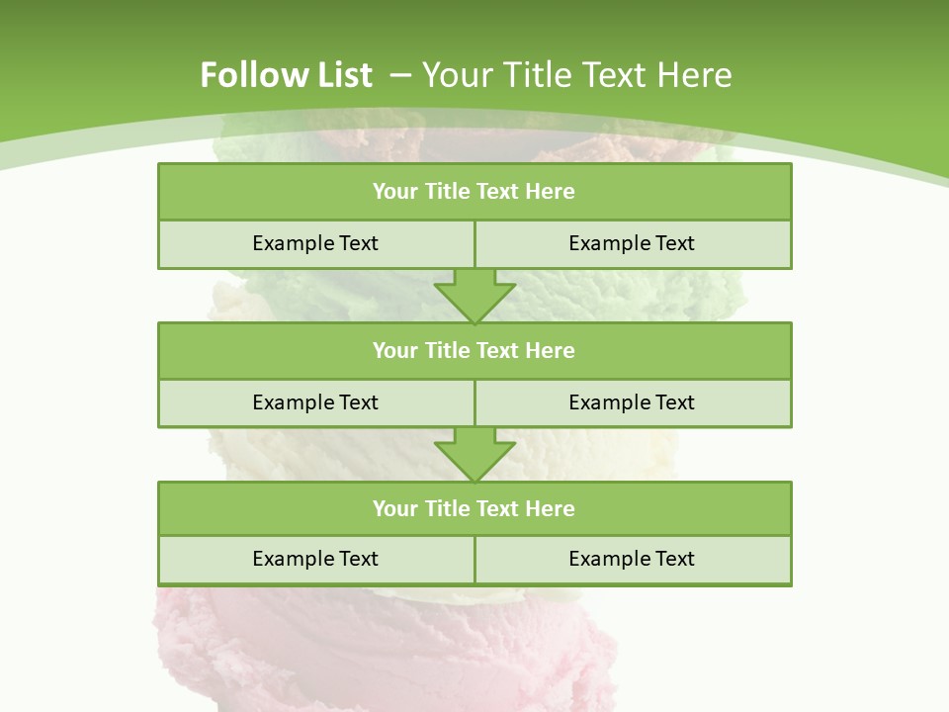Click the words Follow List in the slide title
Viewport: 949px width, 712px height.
click(x=286, y=75)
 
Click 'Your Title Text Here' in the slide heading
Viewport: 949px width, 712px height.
click(x=576, y=75)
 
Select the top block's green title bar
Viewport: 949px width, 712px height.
click(x=474, y=192)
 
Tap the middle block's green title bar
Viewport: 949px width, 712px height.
click(x=474, y=350)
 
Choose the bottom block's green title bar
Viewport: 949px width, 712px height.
click(x=474, y=508)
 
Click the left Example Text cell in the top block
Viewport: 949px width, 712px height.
click(x=315, y=243)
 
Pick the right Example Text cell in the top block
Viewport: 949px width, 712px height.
click(x=632, y=243)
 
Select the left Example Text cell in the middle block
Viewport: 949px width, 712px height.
click(x=315, y=402)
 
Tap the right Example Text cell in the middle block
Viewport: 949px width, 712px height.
click(x=632, y=402)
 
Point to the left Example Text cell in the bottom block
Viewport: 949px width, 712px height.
click(x=315, y=559)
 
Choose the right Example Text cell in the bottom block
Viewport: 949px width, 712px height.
click(x=632, y=559)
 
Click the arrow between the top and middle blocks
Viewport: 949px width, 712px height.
click(x=474, y=295)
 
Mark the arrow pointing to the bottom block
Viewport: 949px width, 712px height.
click(x=474, y=454)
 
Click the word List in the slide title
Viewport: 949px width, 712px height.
click(x=341, y=75)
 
